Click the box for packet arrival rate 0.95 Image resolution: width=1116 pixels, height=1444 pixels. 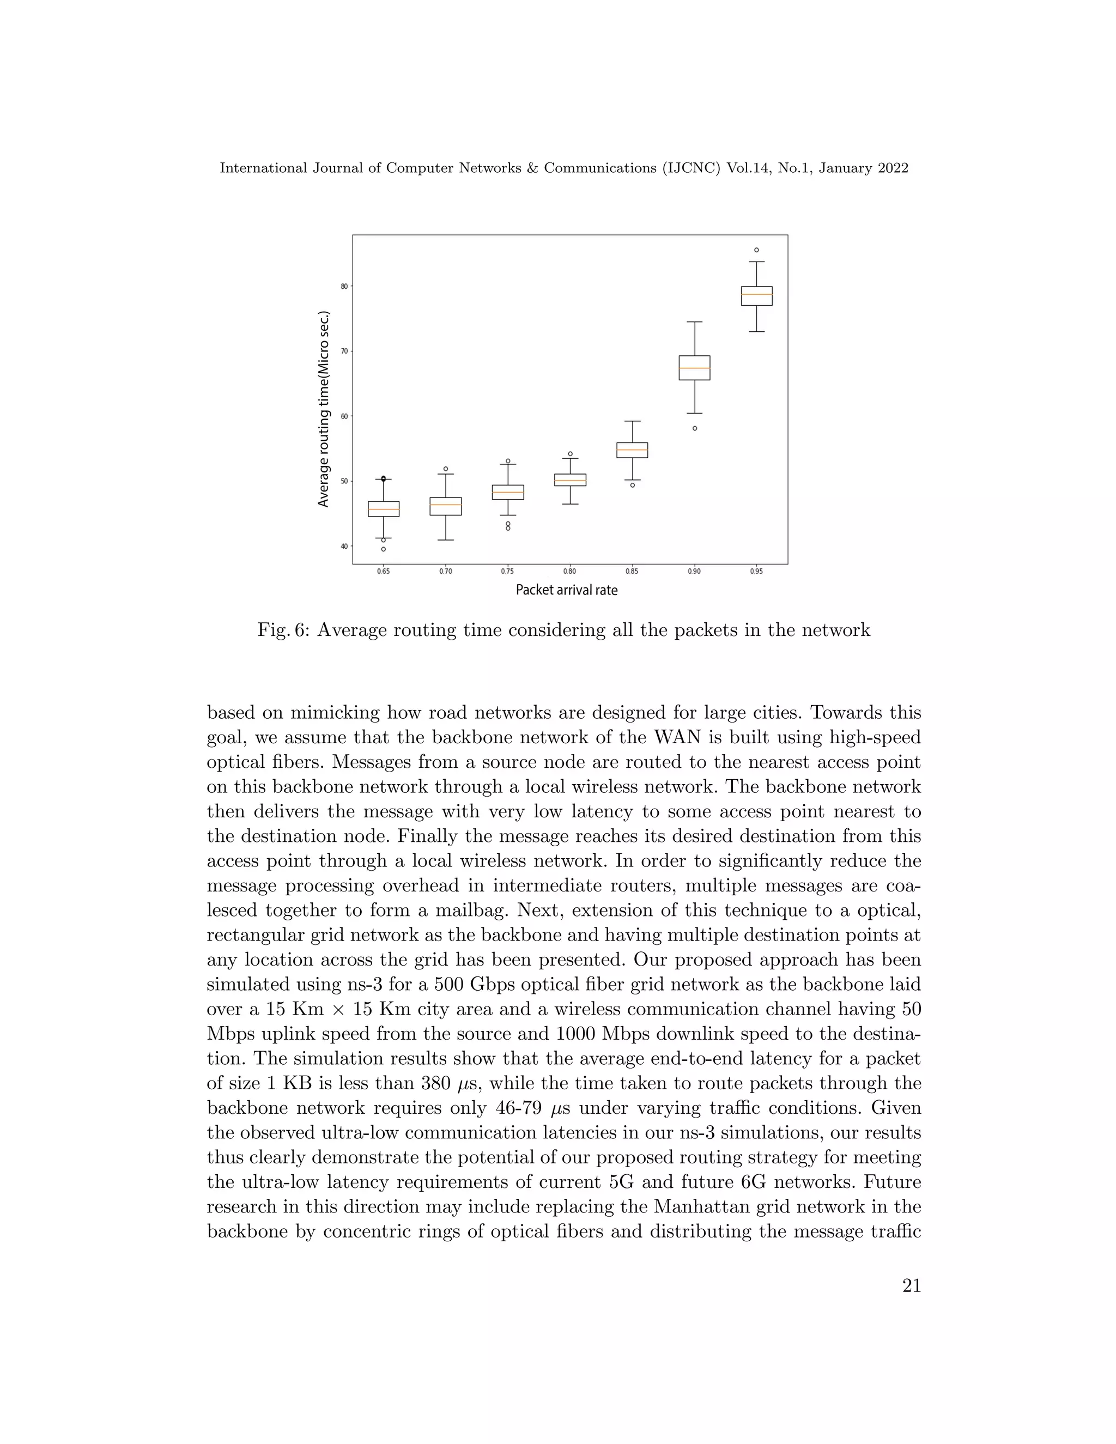click(756, 296)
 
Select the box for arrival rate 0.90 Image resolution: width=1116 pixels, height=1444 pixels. click(694, 368)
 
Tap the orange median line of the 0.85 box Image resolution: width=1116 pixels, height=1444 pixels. click(632, 450)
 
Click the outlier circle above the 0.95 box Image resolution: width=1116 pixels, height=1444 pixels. click(756, 250)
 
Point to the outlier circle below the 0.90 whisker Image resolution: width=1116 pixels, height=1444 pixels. click(694, 428)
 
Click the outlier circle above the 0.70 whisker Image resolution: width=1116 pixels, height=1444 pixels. click(446, 469)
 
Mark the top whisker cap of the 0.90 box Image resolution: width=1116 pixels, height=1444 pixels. click(694, 322)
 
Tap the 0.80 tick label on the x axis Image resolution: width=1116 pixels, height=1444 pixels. click(569, 571)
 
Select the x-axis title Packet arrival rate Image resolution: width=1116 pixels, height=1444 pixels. click(567, 590)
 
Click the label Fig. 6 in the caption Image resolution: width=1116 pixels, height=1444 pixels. click(283, 630)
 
